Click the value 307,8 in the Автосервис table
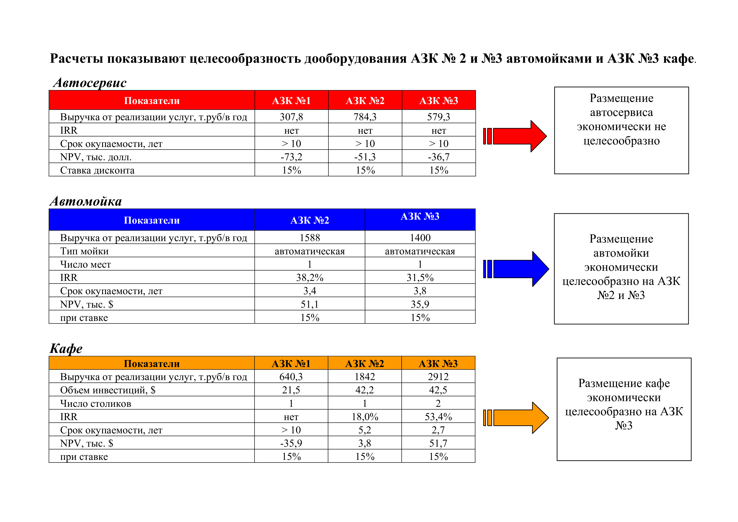[291, 117]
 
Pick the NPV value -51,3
[365, 157]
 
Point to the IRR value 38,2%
[309, 278]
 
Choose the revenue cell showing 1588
[309, 238]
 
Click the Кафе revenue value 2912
[438, 377]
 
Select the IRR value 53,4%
[438, 417]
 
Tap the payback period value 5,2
[365, 430]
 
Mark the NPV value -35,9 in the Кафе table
[291, 443]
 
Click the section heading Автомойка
[86, 201]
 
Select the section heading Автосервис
[90, 83]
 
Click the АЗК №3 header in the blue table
[420, 216]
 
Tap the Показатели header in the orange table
[152, 363]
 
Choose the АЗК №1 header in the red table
[291, 101]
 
